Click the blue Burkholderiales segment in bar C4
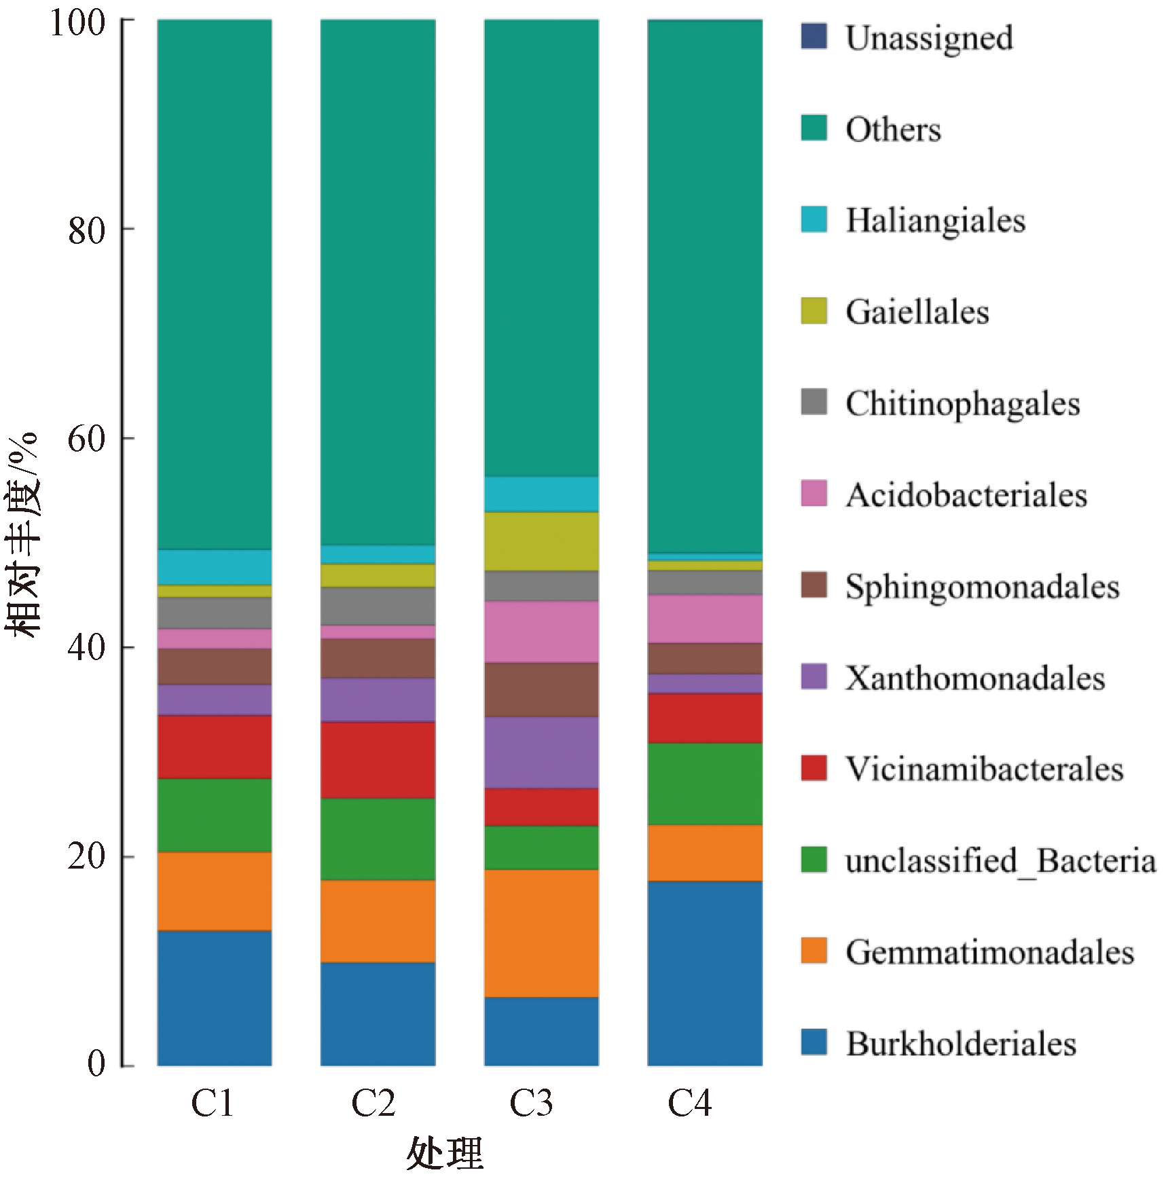pyautogui.click(x=705, y=972)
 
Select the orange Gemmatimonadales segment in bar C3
pyautogui.click(x=541, y=932)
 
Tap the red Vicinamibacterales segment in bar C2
pyautogui.click(x=378, y=759)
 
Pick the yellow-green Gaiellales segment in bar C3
pyautogui.click(x=541, y=541)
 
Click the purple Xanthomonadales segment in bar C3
pyautogui.click(x=541, y=752)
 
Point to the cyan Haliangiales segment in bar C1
pyautogui.click(x=215, y=566)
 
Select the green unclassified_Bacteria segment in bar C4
pyautogui.click(x=705, y=784)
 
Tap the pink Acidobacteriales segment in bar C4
pyautogui.click(x=705, y=618)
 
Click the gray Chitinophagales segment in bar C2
pyautogui.click(x=378, y=606)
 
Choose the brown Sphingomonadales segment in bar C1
pyautogui.click(x=215, y=666)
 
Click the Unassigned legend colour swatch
pyautogui.click(x=814, y=37)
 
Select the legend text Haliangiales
pyautogui.click(x=935, y=220)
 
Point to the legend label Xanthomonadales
pyautogui.click(x=975, y=677)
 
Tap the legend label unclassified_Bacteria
pyautogui.click(x=1000, y=860)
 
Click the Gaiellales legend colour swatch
pyautogui.click(x=814, y=311)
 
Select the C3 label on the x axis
pyautogui.click(x=531, y=1103)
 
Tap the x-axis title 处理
pyautogui.click(x=445, y=1154)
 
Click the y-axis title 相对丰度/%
pyautogui.click(x=23, y=534)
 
